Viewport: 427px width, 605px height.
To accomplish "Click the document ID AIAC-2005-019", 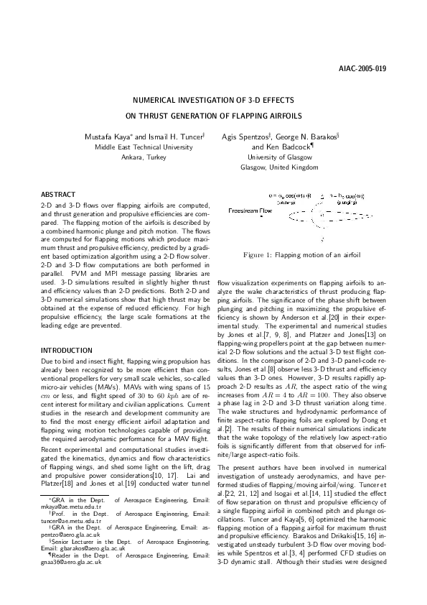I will click(362, 69).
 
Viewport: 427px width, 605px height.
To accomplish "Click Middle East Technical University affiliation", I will click(139, 146).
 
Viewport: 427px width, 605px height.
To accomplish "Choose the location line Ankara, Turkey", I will click(143, 156).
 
